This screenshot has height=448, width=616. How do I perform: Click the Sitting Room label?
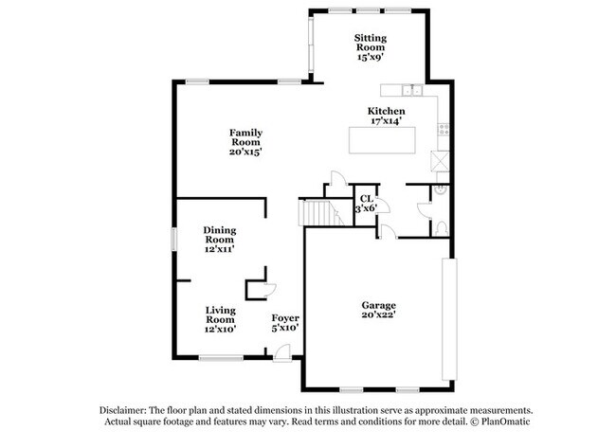(x=371, y=46)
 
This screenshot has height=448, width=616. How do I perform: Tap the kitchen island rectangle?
(x=388, y=138)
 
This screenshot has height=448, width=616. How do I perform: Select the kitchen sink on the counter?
(x=409, y=91)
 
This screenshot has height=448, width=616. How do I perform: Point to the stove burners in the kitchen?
(x=443, y=129)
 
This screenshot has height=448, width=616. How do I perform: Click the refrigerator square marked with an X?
(x=438, y=159)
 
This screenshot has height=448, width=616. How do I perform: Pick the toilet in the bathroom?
(x=441, y=227)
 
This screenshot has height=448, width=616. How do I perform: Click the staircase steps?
(x=320, y=212)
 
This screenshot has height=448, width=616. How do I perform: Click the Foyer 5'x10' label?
(x=285, y=322)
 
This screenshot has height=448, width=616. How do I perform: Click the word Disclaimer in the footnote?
(x=128, y=409)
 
